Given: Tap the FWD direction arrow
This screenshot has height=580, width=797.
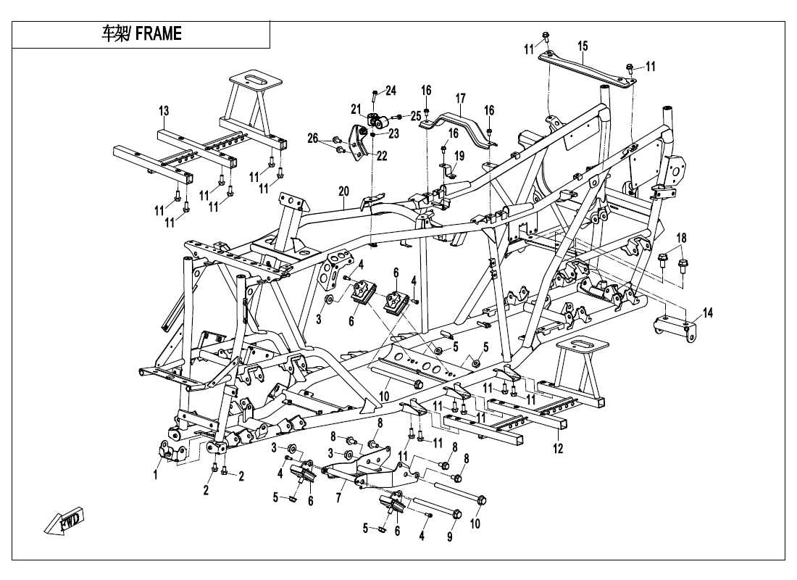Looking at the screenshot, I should (x=64, y=521).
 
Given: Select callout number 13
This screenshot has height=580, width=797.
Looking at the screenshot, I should (x=164, y=111).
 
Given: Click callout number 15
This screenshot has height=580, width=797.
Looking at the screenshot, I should (x=583, y=46).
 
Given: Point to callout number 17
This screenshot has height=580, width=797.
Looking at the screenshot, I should (x=459, y=98).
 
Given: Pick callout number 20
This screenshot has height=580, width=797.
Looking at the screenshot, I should (x=343, y=191).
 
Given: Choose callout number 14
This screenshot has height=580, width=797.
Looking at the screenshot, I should (x=708, y=312).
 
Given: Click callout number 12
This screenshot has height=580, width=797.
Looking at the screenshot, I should (x=558, y=449).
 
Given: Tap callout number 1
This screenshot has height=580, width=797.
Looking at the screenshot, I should (x=155, y=475).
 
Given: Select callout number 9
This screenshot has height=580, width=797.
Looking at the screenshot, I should (x=449, y=538).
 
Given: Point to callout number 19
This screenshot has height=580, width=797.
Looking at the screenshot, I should (x=459, y=156).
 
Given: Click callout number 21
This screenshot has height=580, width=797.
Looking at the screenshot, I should (x=356, y=109).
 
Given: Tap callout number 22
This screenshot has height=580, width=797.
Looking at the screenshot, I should (x=381, y=155).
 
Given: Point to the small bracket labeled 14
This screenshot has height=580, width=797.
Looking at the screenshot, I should (x=674, y=326).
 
